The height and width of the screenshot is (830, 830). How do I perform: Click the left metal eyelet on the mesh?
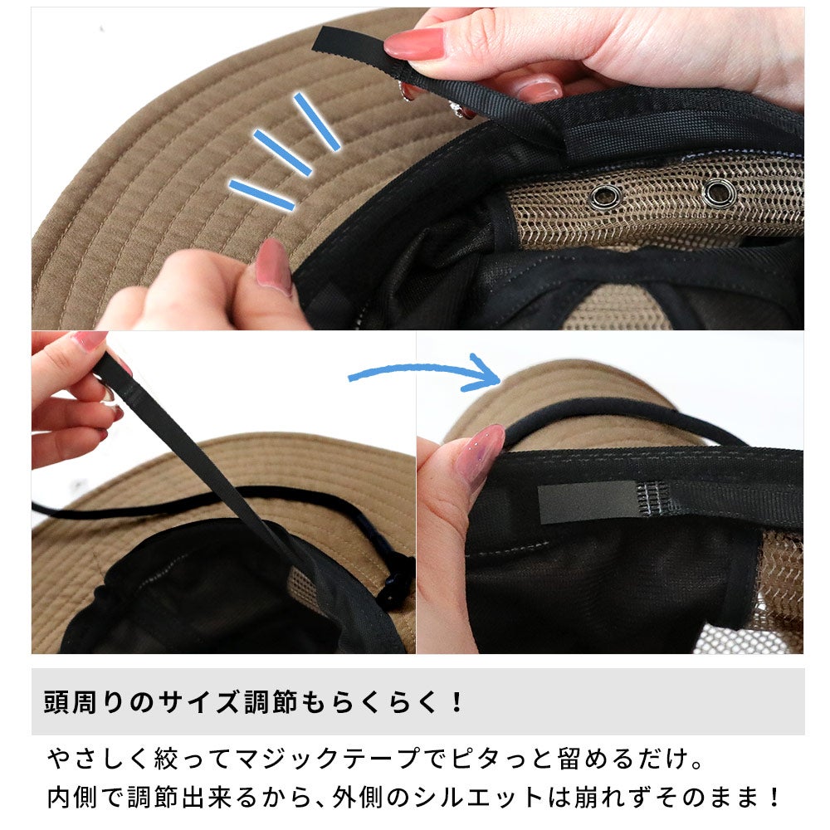(607, 197)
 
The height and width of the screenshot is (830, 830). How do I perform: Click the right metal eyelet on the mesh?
(719, 193)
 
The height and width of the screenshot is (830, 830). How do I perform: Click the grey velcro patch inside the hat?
(587, 502)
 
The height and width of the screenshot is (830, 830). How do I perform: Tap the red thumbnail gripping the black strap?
(414, 43)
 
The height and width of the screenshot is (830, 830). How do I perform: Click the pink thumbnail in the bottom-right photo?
(480, 454)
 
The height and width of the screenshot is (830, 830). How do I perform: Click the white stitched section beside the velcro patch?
(650, 499)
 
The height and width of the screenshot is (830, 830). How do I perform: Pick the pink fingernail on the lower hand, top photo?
(273, 266)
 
